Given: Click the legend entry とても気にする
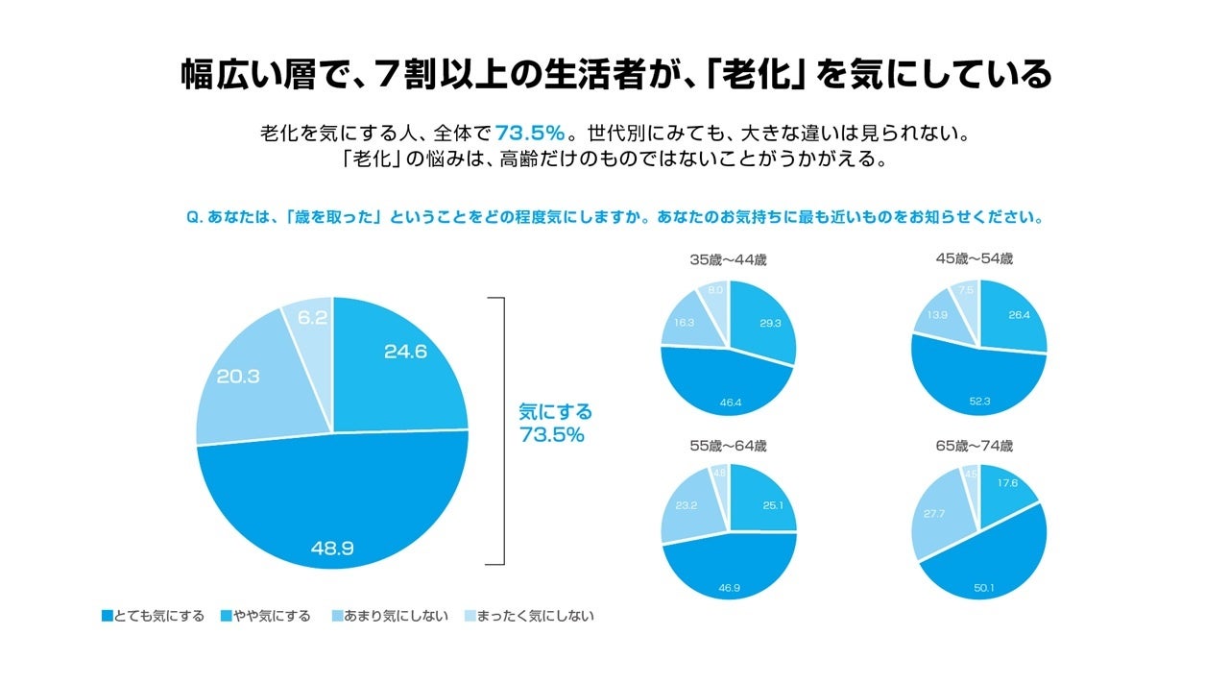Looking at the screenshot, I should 153,616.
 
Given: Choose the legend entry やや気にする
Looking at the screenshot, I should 266,616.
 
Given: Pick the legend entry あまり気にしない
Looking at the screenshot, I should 388,616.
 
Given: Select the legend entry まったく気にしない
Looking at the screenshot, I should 528,616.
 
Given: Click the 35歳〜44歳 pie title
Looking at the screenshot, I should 729,259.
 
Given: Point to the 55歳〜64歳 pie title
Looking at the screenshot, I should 729,446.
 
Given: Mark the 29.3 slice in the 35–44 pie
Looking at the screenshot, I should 763,324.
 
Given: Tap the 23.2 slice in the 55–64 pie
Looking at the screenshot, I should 690,504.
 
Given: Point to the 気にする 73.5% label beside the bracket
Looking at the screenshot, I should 555,423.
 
